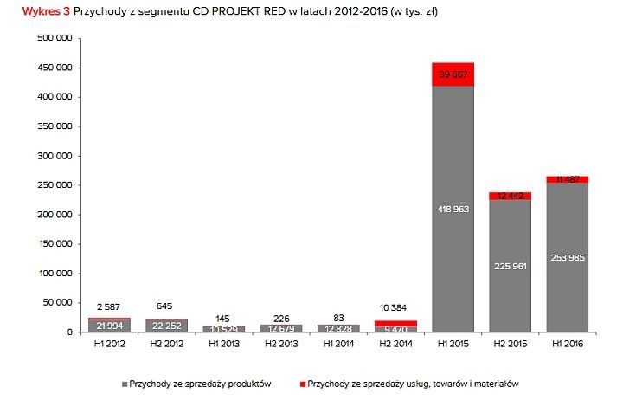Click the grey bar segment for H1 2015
453,260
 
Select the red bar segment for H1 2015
453,74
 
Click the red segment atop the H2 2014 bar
395,323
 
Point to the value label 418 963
453,210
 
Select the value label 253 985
567,257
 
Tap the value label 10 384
395,308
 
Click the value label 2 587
109,307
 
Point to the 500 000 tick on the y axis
56,38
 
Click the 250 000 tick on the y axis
56,185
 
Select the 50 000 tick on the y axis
60,303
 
